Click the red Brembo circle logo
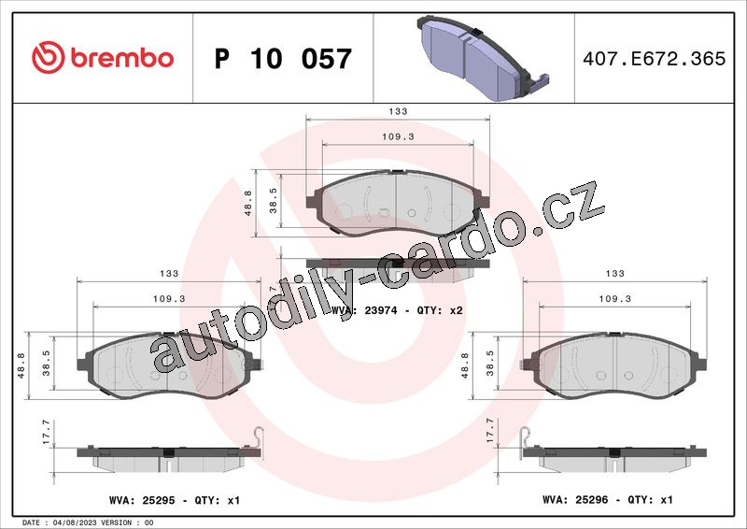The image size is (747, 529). click(x=49, y=57)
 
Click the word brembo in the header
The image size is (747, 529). click(x=122, y=58)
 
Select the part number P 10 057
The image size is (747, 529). click(x=283, y=59)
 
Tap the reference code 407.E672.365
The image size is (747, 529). click(x=655, y=58)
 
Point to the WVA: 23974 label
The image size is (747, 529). click(x=364, y=310)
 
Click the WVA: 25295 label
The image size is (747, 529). click(x=142, y=500)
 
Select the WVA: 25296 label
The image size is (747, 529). click(x=575, y=499)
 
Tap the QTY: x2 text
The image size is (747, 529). click(x=440, y=310)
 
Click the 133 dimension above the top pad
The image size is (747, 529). click(x=398, y=111)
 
